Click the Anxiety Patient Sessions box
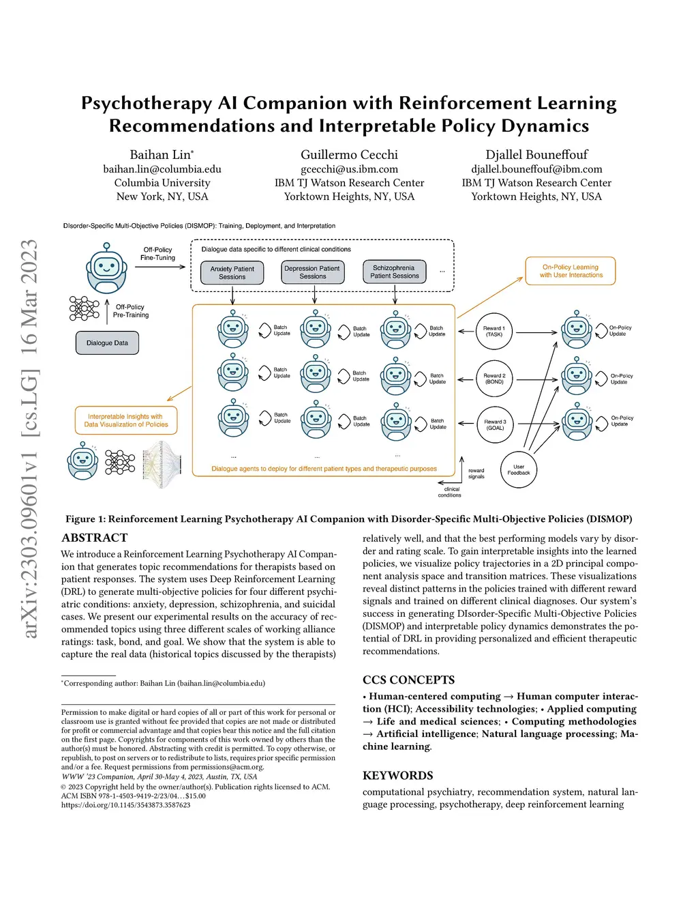click(x=232, y=273)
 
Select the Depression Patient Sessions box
click(x=313, y=272)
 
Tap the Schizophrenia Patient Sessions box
click(x=395, y=272)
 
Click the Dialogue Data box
click(x=107, y=343)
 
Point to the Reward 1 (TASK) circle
click(x=494, y=332)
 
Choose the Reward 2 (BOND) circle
click(x=494, y=379)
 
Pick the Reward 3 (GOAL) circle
click(x=495, y=424)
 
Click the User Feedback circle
click(x=519, y=470)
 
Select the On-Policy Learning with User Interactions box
click(x=571, y=271)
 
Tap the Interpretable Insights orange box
click(x=126, y=420)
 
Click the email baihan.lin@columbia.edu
click(x=162, y=169)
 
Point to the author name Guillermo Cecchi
click(x=349, y=155)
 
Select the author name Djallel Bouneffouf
click(x=536, y=155)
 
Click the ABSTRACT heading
click(x=95, y=538)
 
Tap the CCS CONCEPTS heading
click(x=408, y=680)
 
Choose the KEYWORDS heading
click(x=397, y=775)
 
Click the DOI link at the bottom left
click(x=125, y=805)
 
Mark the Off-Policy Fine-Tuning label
click(x=157, y=254)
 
